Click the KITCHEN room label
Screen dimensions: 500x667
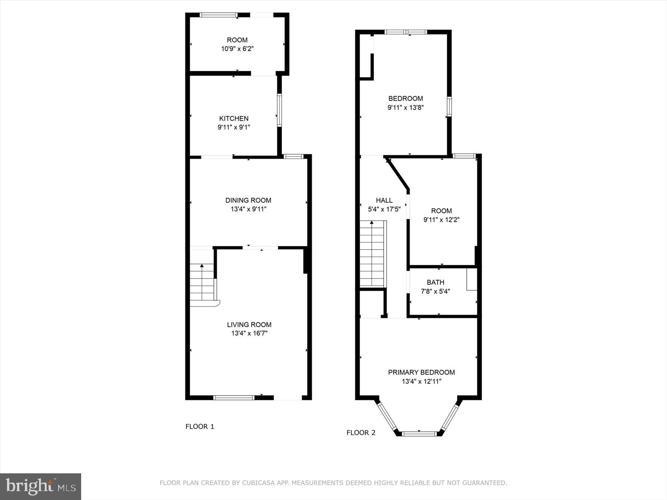click(x=233, y=119)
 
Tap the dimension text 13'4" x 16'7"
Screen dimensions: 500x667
click(x=249, y=333)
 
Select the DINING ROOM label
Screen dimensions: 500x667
click(x=248, y=200)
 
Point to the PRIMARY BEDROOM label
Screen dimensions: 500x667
click(x=421, y=372)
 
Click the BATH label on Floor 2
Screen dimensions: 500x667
click(x=435, y=282)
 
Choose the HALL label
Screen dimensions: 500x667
click(x=384, y=200)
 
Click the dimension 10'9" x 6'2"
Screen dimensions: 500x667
click(x=237, y=49)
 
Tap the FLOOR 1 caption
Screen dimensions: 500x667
click(x=200, y=426)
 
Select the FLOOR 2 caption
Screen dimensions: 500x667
click(x=361, y=433)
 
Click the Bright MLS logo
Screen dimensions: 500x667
click(x=40, y=486)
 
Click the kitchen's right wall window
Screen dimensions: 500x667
click(x=279, y=110)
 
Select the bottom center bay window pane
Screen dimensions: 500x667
click(x=419, y=433)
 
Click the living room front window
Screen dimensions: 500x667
click(x=234, y=397)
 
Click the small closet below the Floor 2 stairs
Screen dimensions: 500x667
click(x=372, y=304)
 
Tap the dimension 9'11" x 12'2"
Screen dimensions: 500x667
click(x=441, y=220)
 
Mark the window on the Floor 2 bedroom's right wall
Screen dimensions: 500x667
click(x=449, y=107)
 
